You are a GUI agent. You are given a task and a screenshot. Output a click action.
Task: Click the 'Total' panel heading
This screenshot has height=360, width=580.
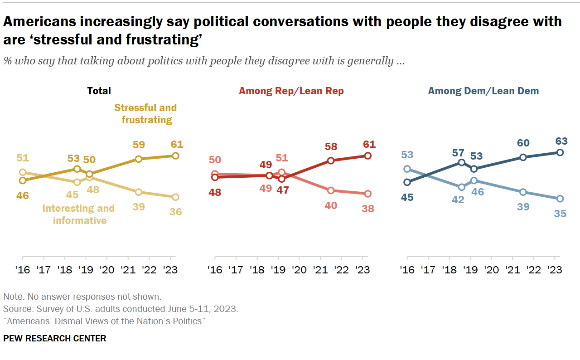click(99, 91)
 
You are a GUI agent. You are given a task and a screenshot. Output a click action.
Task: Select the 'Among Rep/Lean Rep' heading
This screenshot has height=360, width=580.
click(291, 91)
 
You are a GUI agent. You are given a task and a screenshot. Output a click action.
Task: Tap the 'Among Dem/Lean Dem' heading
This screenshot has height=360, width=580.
click(483, 91)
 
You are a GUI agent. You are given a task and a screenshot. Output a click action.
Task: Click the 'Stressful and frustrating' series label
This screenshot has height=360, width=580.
click(145, 114)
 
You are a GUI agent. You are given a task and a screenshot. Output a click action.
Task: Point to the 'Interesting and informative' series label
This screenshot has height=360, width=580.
click(78, 214)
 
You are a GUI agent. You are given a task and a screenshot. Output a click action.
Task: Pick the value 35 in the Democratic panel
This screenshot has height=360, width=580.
click(560, 213)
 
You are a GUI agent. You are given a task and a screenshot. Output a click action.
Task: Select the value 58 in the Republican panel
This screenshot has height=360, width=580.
click(331, 147)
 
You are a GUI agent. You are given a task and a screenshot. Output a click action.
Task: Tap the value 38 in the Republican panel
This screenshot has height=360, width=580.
click(367, 209)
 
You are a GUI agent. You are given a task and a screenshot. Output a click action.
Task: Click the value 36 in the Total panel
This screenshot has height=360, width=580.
click(175, 212)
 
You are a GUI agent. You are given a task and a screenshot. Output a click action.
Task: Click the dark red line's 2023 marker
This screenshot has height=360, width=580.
click(367, 156)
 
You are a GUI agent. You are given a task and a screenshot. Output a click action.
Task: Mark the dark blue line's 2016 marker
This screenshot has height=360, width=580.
click(407, 182)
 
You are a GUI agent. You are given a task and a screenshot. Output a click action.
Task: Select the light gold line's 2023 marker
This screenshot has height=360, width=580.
click(175, 197)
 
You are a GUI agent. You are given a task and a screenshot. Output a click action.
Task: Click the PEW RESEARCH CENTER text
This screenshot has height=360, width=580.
click(55, 339)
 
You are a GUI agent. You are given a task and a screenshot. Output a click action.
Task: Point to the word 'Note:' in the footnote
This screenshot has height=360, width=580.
click(14, 297)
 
